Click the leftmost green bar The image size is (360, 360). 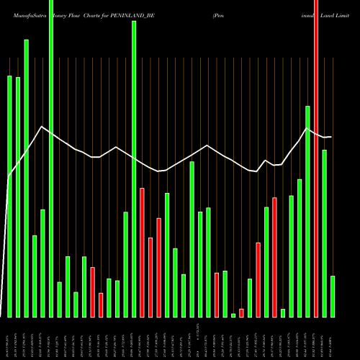click(9, 196)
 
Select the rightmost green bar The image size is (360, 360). click(333, 296)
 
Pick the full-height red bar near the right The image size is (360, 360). click(316, 158)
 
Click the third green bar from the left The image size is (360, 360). click(26, 178)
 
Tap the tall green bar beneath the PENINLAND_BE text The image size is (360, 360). click(134, 168)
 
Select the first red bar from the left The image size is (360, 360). click(92, 292)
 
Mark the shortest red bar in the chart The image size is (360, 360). click(241, 312)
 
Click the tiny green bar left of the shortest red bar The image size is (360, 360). click(233, 315)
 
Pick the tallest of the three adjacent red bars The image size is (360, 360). click(142, 252)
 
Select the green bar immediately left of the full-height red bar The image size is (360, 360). click(307, 211)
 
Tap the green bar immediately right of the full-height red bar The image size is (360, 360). click(325, 233)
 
